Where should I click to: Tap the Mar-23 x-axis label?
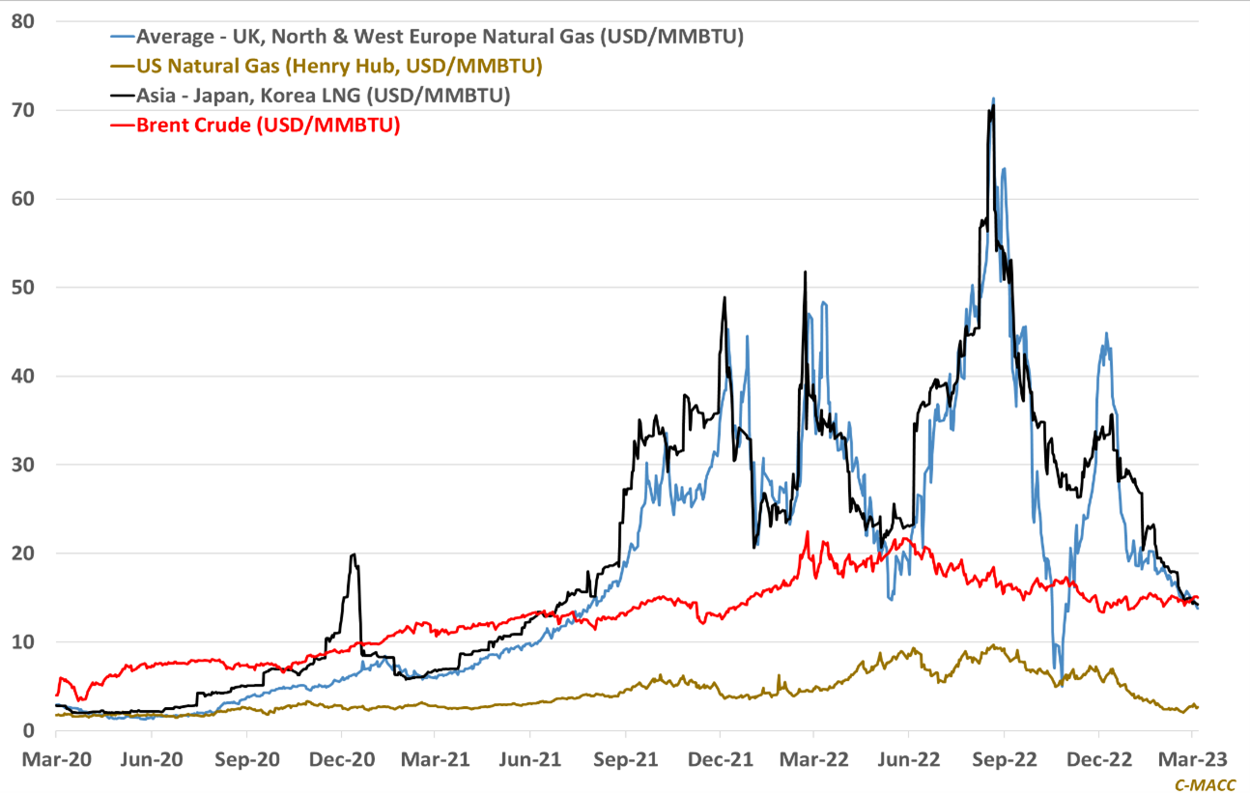(x=1192, y=758)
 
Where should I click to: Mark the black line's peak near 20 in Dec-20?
(x=355, y=554)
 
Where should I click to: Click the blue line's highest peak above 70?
(x=993, y=99)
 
